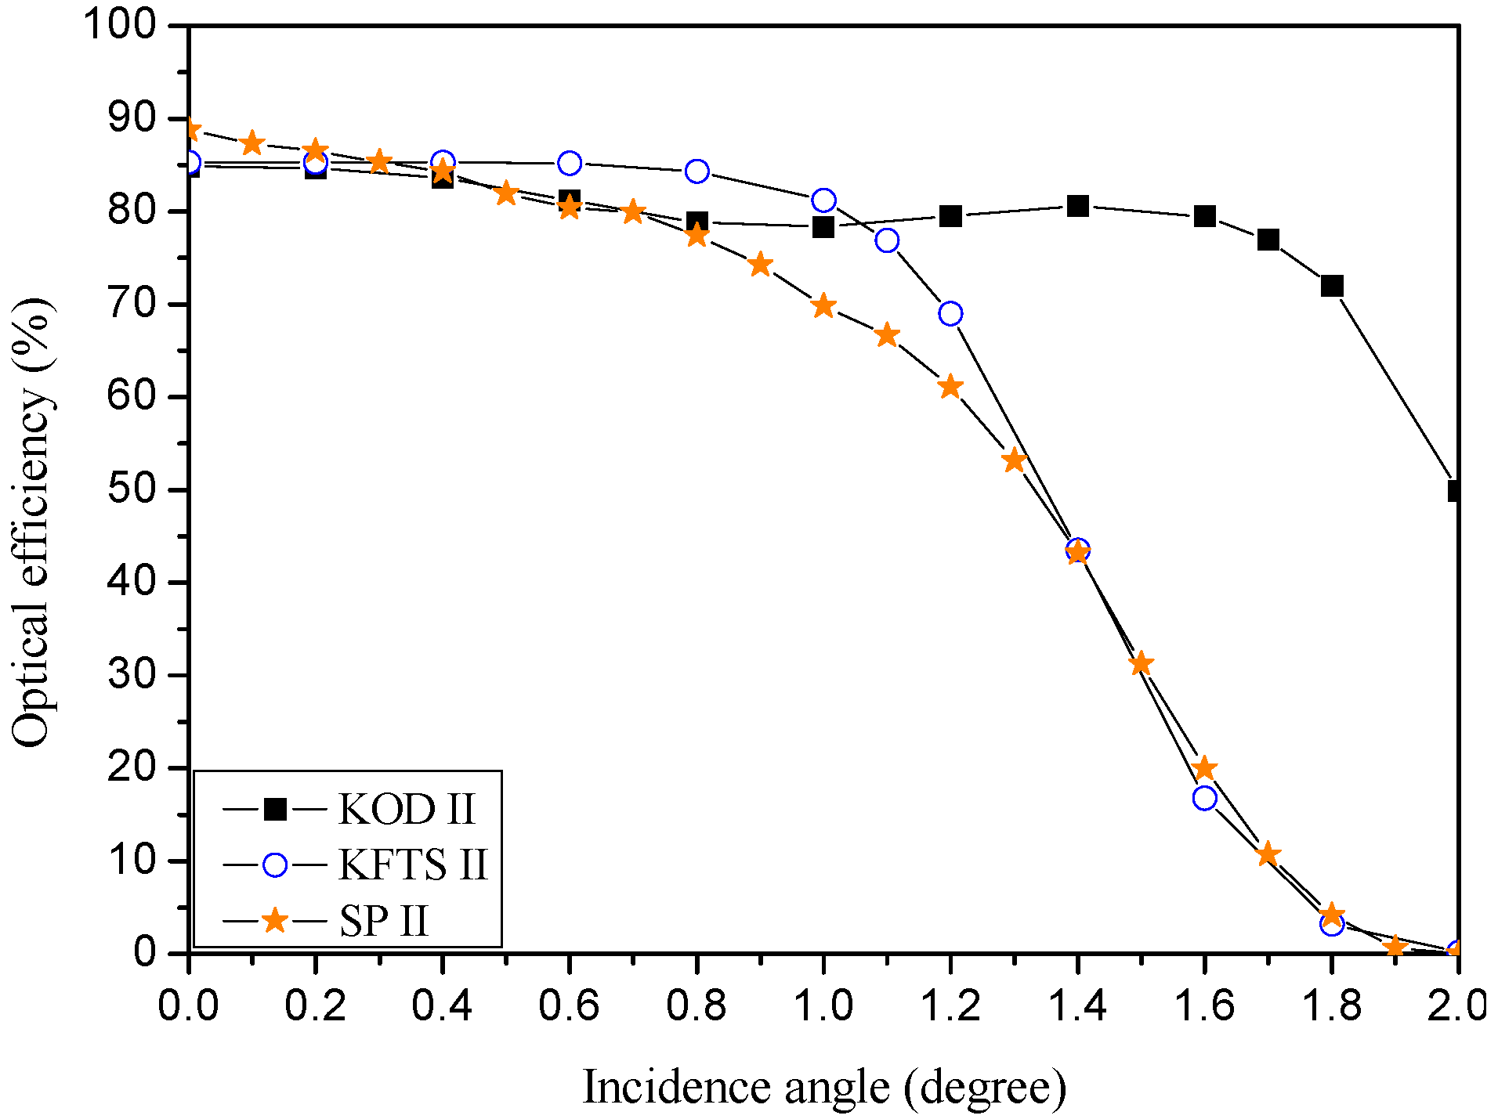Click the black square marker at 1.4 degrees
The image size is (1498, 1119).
[x=1078, y=207]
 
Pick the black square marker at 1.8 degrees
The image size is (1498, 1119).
[x=1332, y=286]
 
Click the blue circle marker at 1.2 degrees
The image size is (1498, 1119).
[x=950, y=314]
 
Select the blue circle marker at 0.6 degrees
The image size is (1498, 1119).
[x=570, y=164]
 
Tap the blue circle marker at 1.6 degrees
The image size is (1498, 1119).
[x=1205, y=798]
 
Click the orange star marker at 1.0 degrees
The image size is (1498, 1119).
[x=823, y=306]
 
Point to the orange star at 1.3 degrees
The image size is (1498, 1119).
[x=1015, y=460]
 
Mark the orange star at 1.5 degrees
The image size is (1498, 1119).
[x=1142, y=664]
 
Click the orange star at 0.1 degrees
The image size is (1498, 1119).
[x=252, y=143]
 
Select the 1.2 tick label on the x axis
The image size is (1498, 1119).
[x=950, y=1005]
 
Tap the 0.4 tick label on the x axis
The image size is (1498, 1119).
[x=442, y=1005]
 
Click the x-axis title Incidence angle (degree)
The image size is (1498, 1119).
[x=823, y=1087]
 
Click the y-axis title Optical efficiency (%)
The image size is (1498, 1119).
[x=33, y=522]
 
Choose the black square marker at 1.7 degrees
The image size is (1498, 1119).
[x=1268, y=240]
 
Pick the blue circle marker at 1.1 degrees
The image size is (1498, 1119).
[x=887, y=240]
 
